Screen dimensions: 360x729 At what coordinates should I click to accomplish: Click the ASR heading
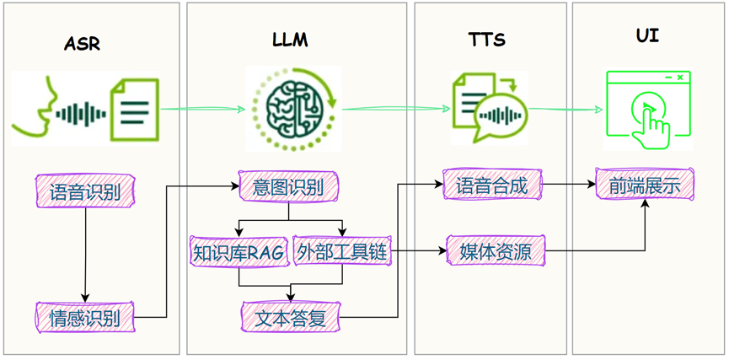[82, 43]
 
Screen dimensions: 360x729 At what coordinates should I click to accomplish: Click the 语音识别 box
[85, 191]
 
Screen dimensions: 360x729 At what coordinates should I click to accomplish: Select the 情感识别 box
[85, 318]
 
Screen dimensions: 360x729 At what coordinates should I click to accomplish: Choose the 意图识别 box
[289, 186]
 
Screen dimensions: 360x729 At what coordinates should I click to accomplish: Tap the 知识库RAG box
[239, 252]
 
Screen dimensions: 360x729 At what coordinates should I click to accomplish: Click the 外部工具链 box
[342, 252]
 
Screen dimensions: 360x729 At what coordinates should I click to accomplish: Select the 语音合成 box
[491, 185]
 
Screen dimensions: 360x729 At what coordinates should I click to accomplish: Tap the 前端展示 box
[645, 185]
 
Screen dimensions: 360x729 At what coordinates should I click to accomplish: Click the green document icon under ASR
[136, 108]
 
